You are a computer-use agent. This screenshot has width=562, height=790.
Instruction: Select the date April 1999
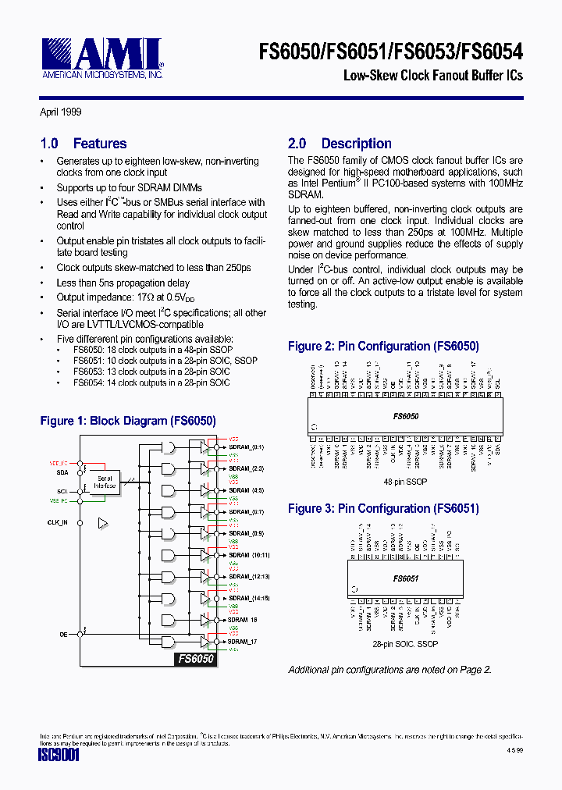(61, 112)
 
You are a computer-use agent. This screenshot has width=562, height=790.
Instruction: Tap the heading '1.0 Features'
(84, 144)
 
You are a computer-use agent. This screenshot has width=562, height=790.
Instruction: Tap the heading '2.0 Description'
(340, 144)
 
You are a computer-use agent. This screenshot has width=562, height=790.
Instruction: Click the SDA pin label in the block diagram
(62, 472)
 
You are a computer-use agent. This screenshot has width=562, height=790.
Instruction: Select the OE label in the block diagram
(63, 635)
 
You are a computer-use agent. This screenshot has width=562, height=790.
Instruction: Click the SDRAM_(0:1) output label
(246, 447)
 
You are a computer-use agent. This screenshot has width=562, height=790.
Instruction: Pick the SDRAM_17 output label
(242, 642)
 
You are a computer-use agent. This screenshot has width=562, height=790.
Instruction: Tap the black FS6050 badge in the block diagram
(195, 659)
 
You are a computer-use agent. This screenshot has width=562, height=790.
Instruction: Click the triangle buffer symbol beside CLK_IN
(101, 523)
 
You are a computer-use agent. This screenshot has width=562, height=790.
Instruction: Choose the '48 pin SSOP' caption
(406, 482)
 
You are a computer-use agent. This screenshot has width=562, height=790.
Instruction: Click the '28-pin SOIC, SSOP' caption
(406, 644)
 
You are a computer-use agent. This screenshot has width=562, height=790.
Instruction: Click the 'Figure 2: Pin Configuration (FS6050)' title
(383, 346)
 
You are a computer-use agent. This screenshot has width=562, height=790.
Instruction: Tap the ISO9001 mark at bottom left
(59, 756)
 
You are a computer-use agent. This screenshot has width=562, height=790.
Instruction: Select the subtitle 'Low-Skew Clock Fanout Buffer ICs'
(433, 76)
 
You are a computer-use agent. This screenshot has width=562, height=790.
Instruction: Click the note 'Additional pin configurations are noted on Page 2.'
(389, 669)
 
